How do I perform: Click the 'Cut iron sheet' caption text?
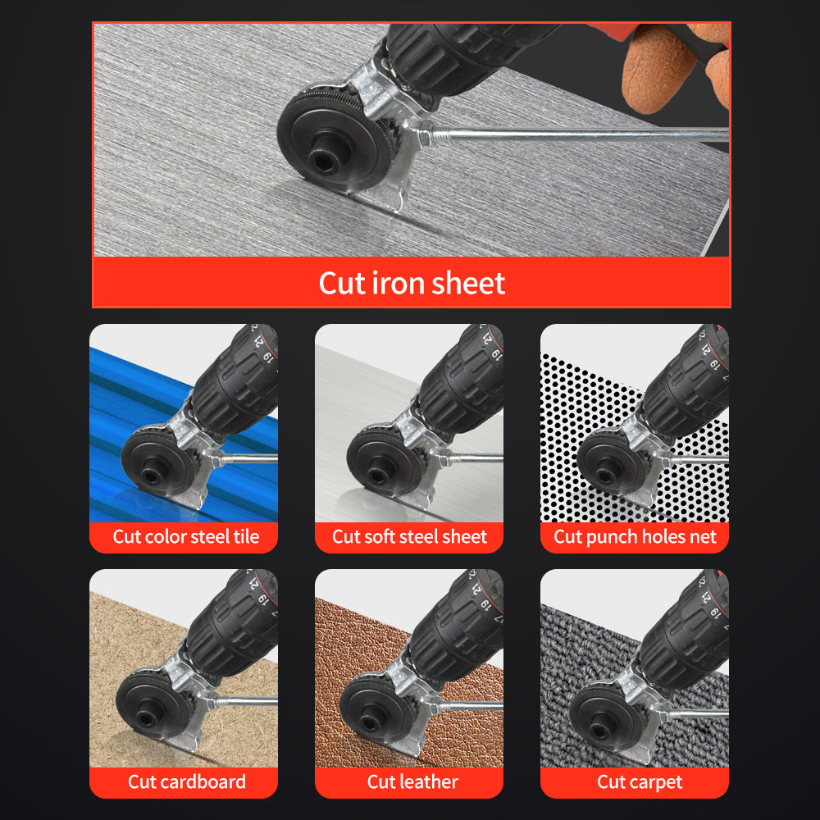[412, 283]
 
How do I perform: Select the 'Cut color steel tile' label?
[185, 537]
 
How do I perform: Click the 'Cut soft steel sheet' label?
[409, 537]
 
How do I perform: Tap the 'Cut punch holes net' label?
[635, 537]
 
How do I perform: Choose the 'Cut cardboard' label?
[186, 781]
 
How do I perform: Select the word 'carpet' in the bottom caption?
[656, 782]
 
